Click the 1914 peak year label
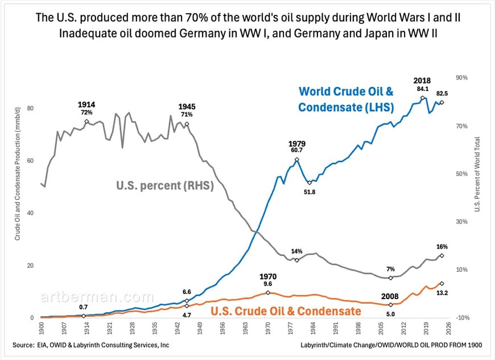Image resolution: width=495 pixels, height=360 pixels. coord(86,105)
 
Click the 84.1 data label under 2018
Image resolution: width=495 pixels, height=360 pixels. coord(422,89)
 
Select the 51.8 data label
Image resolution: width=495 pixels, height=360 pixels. coord(309,193)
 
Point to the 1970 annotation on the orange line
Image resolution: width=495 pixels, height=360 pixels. coord(267,276)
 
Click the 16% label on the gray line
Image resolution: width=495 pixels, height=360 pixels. coord(442,247)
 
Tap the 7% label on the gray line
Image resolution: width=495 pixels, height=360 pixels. coord(390,268)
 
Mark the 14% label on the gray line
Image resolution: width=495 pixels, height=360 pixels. coord(296,251)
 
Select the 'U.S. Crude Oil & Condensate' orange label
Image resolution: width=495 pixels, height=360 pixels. coord(286,311)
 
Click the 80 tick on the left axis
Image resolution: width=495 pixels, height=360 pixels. coord(31,108)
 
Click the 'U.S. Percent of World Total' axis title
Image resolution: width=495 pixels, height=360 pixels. coord(477,175)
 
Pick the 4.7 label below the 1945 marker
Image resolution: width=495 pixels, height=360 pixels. coord(187,314)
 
